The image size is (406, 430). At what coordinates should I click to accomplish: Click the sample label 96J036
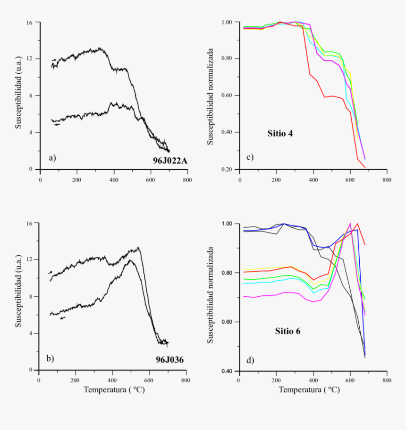coord(169,360)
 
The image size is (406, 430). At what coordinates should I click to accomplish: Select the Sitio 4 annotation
coord(280,134)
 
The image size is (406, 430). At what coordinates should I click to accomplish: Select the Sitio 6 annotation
coord(288,331)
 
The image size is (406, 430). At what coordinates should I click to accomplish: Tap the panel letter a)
coord(51,158)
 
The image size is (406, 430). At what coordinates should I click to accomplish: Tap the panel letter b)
coord(50,359)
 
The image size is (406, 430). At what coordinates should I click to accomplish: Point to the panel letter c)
coord(249,157)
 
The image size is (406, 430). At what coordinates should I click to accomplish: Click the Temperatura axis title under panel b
coord(114,390)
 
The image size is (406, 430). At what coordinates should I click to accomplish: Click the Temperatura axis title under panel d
coord(309,390)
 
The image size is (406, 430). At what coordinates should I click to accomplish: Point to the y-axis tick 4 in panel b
coord(31,333)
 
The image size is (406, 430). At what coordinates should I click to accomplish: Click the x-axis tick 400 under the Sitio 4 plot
coord(313,180)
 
